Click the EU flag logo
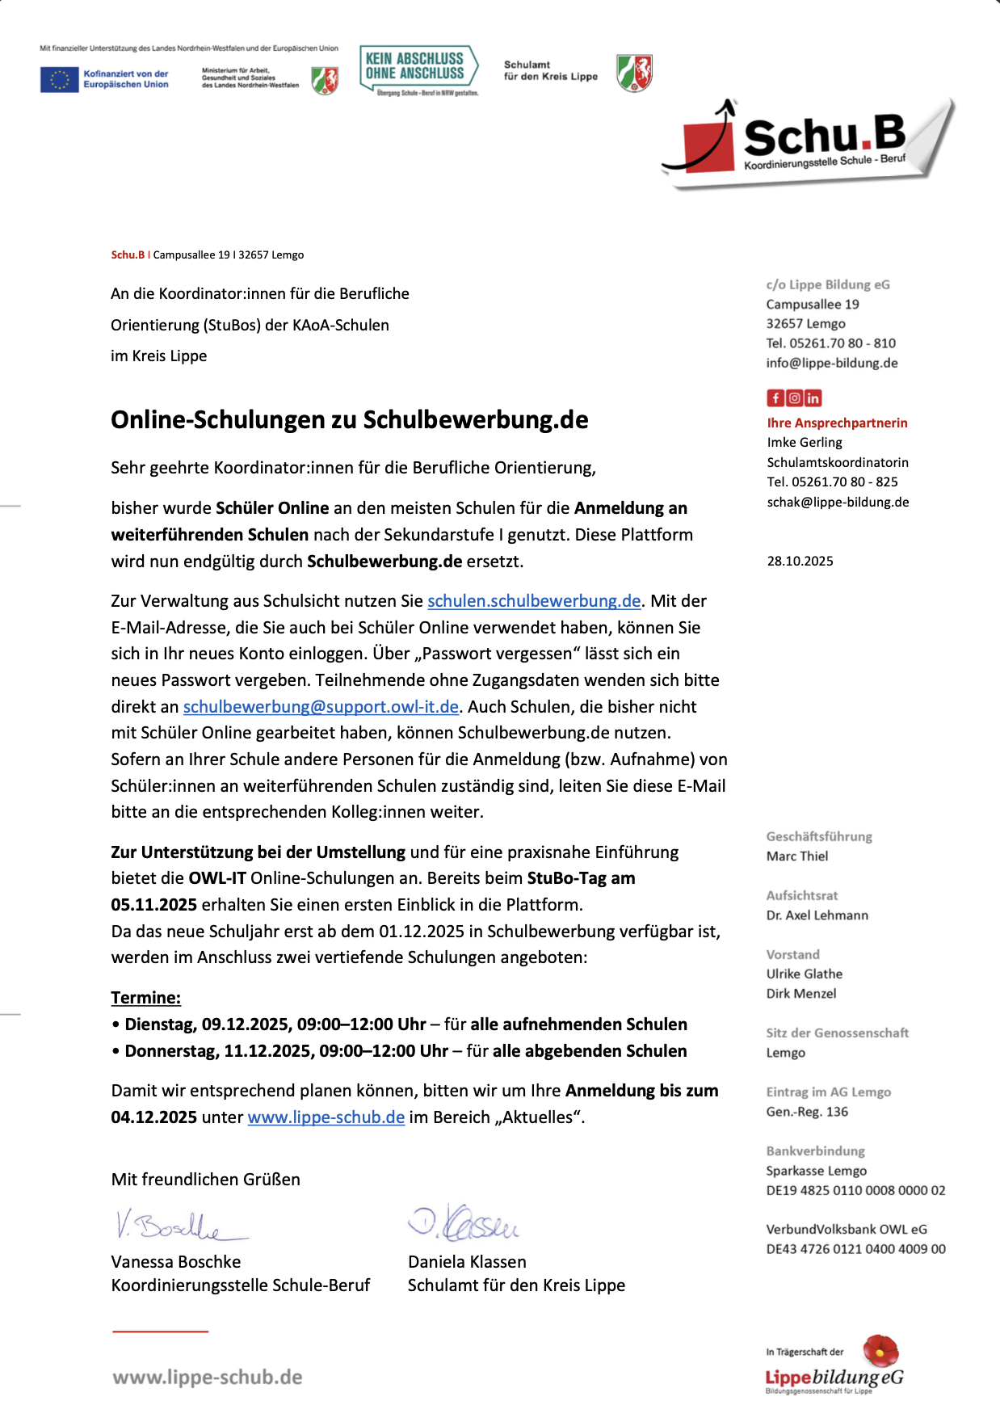coord(59,79)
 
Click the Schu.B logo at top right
coord(808,142)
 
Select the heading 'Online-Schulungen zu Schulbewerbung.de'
coord(349,420)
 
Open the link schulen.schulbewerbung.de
coord(534,601)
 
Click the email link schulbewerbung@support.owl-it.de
coord(321,707)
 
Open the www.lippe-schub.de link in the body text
coord(326,1117)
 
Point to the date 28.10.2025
coord(800,562)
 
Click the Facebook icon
coord(775,398)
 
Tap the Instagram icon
coord(794,398)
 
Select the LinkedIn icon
coord(813,398)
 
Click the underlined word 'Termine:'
coord(145,998)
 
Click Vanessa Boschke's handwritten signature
coord(178,1225)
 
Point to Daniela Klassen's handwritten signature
coord(464,1222)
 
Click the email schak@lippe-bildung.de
coord(838,503)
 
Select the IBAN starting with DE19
coord(855,1191)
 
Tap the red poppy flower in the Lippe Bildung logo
coord(880,1350)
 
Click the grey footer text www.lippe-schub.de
coord(208,1378)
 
